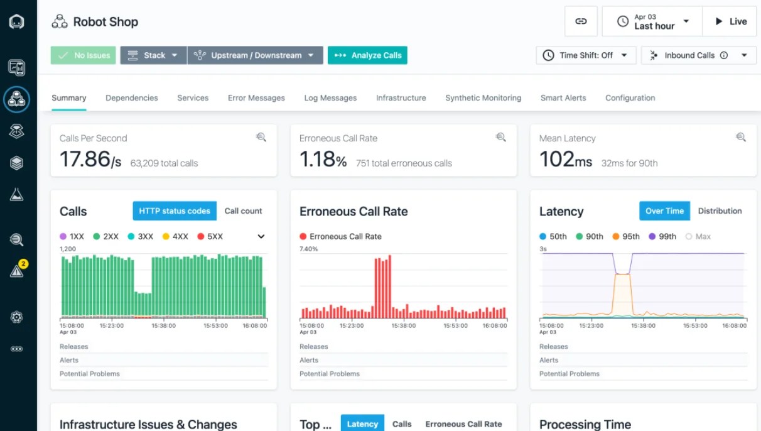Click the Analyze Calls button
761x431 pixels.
(367, 55)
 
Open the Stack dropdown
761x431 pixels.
(153, 55)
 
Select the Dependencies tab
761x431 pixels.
(132, 98)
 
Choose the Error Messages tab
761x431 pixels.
(256, 98)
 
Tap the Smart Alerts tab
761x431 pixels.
(563, 98)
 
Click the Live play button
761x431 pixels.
(730, 21)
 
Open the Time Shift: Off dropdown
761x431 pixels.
(585, 55)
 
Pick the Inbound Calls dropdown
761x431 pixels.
(698, 55)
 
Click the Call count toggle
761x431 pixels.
(243, 211)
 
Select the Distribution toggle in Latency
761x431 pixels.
(720, 211)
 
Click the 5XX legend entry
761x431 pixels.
(210, 237)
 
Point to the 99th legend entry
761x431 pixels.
(663, 237)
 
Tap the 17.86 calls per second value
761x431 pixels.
(85, 159)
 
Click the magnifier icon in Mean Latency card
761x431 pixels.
(741, 137)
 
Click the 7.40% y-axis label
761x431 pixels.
(309, 249)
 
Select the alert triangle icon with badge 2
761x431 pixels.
(17, 271)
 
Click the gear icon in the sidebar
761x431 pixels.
(17, 317)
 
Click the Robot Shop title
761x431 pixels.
(105, 22)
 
